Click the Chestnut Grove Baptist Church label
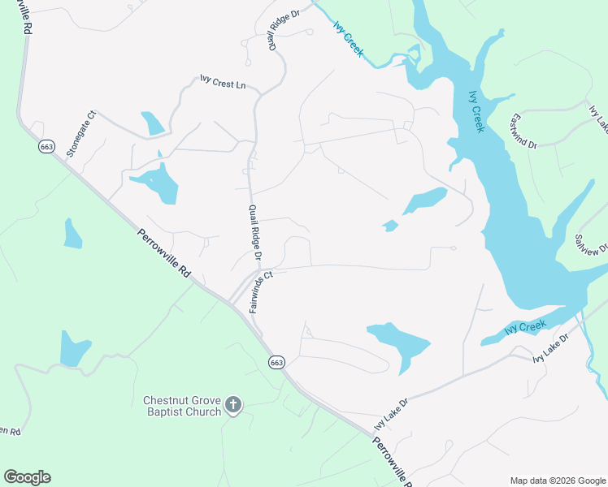pyautogui.click(x=182, y=406)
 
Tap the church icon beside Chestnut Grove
pyautogui.click(x=233, y=405)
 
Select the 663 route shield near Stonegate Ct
pyautogui.click(x=46, y=146)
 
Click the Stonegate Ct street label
pyautogui.click(x=81, y=133)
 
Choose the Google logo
pyautogui.click(x=27, y=477)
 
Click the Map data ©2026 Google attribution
pyautogui.click(x=557, y=481)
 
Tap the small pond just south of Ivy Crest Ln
pyautogui.click(x=152, y=123)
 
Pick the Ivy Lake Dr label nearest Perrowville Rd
pyautogui.click(x=391, y=413)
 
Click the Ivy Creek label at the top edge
pyautogui.click(x=348, y=39)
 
